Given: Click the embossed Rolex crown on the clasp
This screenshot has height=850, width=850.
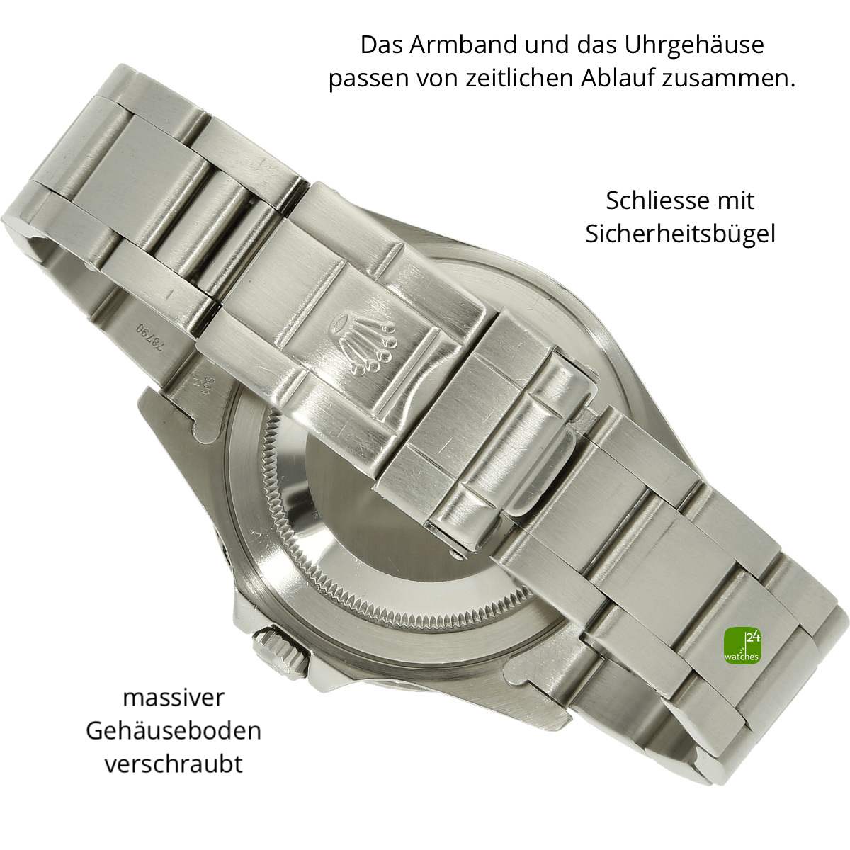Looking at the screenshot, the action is pyautogui.click(x=362, y=341).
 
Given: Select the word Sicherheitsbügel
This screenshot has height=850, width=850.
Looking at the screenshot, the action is pyautogui.click(x=680, y=234).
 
